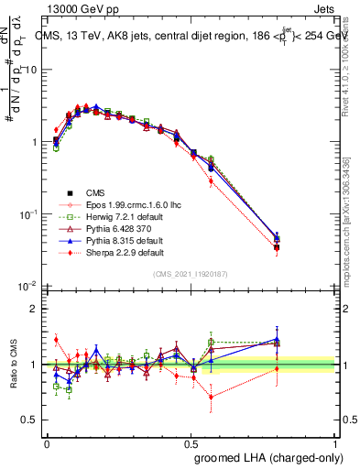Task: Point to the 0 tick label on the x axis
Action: [47, 442]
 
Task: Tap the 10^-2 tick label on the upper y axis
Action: [28, 287]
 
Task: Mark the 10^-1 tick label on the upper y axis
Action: [28, 214]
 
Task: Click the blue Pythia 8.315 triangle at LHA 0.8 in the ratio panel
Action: [278, 340]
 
